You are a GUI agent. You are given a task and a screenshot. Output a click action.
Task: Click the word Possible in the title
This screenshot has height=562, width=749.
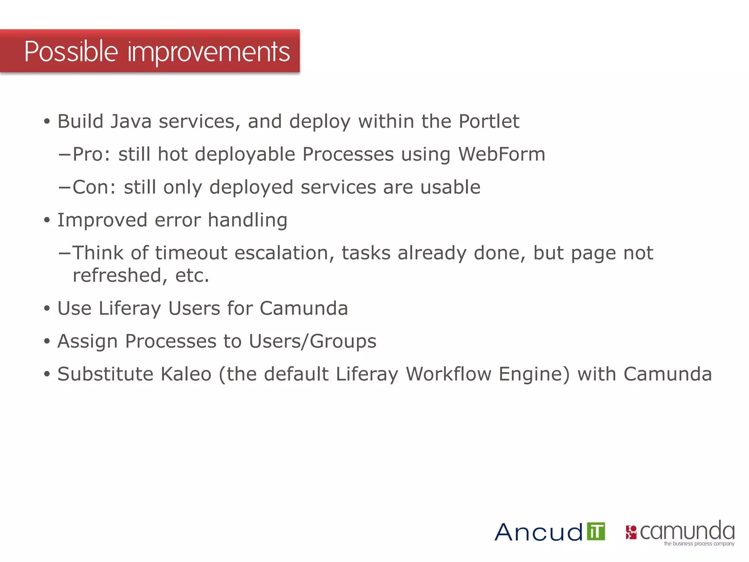tap(71, 52)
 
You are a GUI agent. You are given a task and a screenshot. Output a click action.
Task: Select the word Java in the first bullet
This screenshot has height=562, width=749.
tap(131, 121)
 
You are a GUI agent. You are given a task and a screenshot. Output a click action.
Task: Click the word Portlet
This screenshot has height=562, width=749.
tap(489, 121)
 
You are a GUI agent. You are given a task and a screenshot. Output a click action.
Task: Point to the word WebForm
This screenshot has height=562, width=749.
tap(502, 154)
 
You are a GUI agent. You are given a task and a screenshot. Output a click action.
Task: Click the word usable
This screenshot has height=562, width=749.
tap(450, 187)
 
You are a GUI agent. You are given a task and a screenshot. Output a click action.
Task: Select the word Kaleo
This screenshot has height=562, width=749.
tap(186, 374)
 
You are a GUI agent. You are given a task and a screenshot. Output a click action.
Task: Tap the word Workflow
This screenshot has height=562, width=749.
tap(449, 374)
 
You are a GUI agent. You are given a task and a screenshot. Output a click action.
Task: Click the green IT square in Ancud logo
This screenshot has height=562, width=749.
tap(596, 531)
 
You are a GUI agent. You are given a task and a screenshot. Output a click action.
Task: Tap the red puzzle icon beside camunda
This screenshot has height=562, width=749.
tap(631, 532)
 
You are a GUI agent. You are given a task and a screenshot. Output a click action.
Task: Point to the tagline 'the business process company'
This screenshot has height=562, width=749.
tap(699, 544)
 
